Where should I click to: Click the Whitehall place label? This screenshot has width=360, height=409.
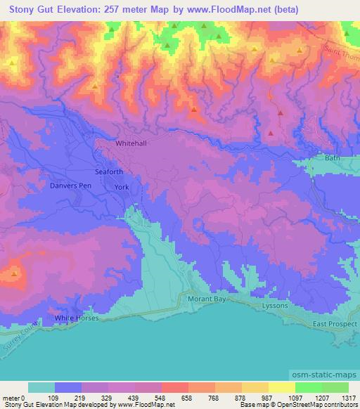click(x=131, y=143)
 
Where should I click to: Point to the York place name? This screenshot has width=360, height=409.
click(x=122, y=187)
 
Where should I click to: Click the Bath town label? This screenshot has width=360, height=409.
click(x=332, y=158)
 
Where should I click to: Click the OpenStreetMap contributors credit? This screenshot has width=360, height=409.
click(x=316, y=405)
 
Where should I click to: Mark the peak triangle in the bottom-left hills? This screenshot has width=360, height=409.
click(x=15, y=272)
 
